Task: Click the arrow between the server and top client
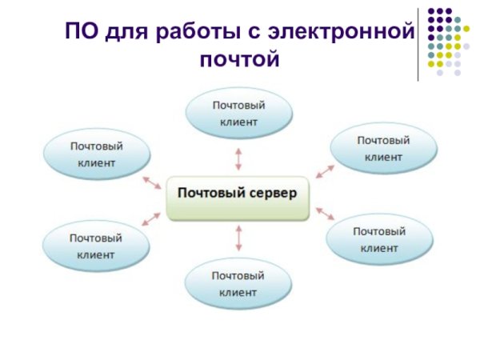point(238,158)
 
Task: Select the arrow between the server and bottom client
point(238,238)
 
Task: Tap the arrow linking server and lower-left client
point(150,217)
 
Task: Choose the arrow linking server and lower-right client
point(324,213)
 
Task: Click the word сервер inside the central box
point(271,193)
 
